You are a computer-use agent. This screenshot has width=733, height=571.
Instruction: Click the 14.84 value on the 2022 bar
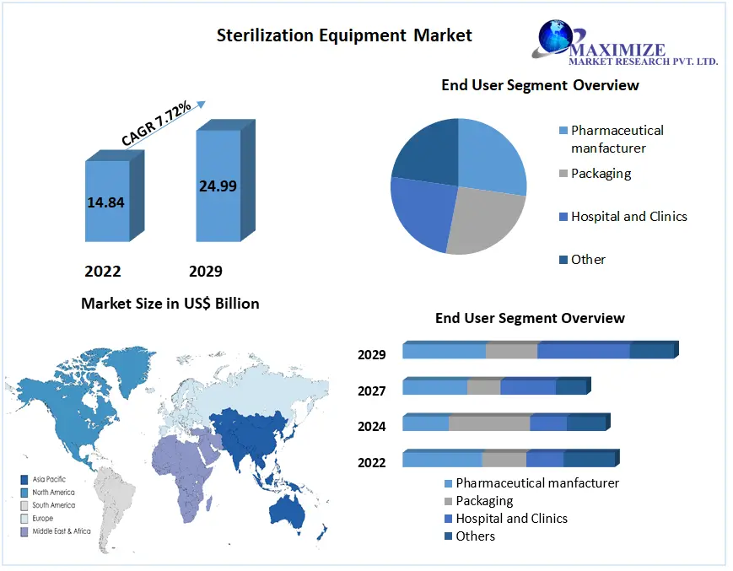coord(105,202)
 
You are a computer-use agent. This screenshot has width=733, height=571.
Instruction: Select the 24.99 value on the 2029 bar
coord(218,186)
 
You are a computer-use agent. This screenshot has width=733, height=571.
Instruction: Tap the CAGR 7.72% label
coord(156,122)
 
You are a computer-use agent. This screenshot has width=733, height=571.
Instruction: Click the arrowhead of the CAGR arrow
coord(201,105)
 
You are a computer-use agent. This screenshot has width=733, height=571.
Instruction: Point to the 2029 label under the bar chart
coord(206,271)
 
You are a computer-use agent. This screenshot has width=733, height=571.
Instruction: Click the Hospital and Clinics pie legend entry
coord(623,217)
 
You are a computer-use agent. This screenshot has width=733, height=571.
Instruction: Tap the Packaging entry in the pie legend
coord(596,174)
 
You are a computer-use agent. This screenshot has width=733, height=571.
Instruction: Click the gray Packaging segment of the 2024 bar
coord(489,423)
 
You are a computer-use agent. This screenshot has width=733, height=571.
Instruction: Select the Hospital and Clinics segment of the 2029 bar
coord(584,351)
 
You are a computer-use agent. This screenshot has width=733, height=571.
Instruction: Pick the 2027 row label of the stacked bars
coord(372,391)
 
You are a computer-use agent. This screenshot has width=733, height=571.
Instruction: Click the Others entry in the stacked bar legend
coord(470,536)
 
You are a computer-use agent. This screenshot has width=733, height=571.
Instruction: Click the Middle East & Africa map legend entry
coord(56,531)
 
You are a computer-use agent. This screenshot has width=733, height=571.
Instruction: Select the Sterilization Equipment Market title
coord(344,35)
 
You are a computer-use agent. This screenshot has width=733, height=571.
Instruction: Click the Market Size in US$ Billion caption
coord(170,304)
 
